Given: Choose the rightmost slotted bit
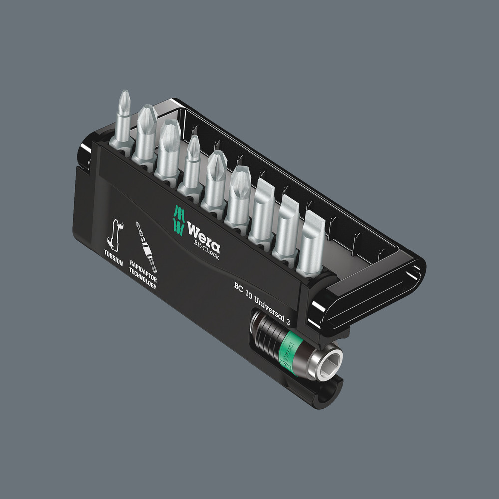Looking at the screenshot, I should click(x=310, y=242).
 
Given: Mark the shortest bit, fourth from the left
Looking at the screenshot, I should click(x=192, y=162).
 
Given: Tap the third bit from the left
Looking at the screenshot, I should click(x=168, y=148).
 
